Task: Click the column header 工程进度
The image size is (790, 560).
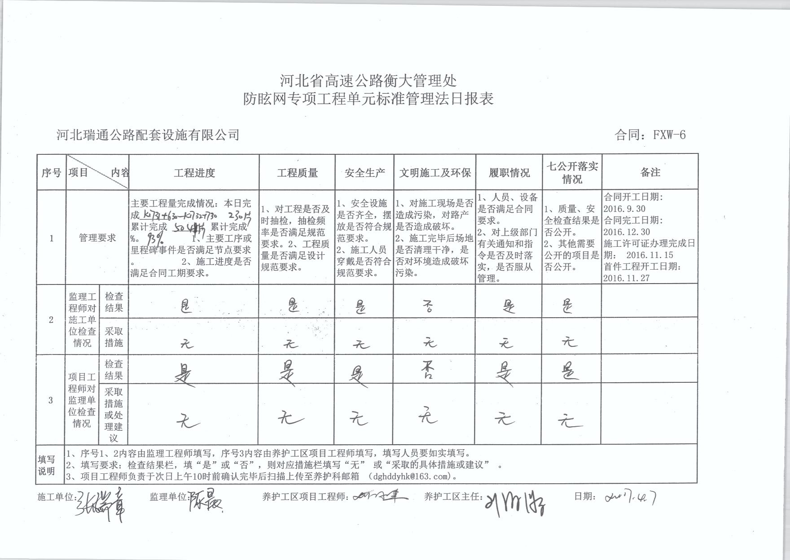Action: click(x=194, y=173)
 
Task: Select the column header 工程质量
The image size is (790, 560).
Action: click(x=297, y=173)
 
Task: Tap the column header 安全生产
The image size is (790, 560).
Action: click(x=364, y=173)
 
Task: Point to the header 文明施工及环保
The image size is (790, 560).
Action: click(x=435, y=173)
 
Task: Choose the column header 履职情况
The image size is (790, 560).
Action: click(x=509, y=173)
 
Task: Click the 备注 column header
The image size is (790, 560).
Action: click(x=650, y=172)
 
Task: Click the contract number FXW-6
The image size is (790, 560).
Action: click(x=669, y=135)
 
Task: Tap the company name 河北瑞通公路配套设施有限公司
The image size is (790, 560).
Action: click(x=148, y=135)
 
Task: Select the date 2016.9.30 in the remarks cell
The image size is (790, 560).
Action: click(x=624, y=208)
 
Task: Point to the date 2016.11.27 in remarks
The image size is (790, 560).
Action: click(x=627, y=278)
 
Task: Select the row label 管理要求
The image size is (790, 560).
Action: click(x=97, y=238)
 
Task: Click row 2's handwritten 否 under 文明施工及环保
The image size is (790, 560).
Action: click(x=429, y=307)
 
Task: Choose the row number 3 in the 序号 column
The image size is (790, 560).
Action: click(x=51, y=400)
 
